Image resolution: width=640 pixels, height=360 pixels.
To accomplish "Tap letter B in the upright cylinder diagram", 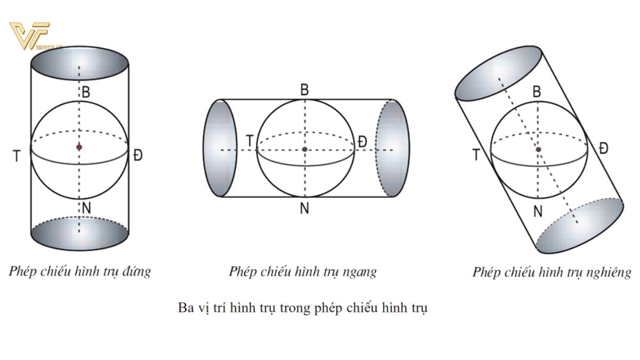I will coord(85,92).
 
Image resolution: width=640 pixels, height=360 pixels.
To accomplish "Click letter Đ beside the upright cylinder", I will coord(138,156).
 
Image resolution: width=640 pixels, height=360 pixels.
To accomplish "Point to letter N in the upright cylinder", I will coord(85,208).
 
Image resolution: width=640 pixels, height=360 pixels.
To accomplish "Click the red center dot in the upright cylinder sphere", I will coord(79,147).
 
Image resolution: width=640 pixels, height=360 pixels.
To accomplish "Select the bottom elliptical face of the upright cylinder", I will coord(79,234).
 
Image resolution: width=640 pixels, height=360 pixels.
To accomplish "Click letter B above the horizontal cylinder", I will coord(305,90).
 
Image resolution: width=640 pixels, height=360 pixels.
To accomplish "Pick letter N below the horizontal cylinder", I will coord(305,209).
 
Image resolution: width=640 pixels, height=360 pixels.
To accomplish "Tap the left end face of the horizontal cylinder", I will coord(220,148).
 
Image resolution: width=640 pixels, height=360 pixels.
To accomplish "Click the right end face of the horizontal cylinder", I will coord(393,148).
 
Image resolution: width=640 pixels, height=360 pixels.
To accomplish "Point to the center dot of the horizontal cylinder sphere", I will coord(305,149).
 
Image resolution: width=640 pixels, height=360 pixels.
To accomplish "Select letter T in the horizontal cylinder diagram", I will coord(250,141).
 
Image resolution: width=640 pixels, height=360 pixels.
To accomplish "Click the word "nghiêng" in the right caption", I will coord(610,273).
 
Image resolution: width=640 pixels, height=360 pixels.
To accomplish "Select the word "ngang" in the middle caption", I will coord(360,272).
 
